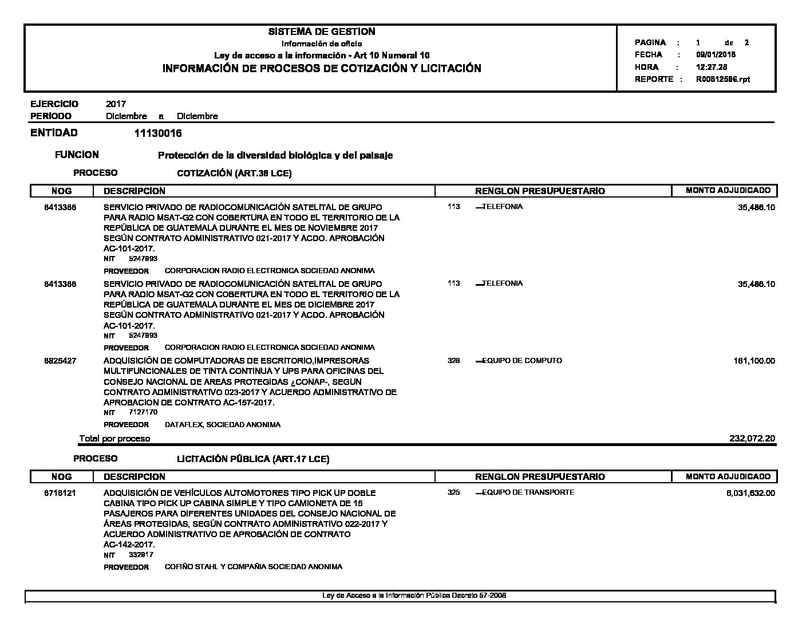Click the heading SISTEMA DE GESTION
click(322, 32)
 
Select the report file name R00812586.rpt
click(722, 80)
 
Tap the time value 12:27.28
click(712, 67)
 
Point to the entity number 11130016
click(158, 133)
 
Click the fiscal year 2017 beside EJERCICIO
click(116, 104)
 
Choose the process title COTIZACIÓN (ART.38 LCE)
click(234, 174)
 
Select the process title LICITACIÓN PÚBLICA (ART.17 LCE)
click(253, 459)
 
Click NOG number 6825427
click(60, 361)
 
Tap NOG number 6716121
click(60, 492)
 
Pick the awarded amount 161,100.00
click(754, 361)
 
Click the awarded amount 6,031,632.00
click(750, 492)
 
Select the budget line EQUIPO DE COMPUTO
click(521, 361)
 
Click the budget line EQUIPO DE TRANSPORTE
click(528, 492)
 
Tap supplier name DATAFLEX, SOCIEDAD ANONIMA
click(222, 425)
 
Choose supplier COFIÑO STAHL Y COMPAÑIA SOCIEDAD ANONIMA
click(253, 567)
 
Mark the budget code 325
click(454, 492)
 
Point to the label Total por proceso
click(114, 439)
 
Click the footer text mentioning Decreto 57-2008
click(414, 596)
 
